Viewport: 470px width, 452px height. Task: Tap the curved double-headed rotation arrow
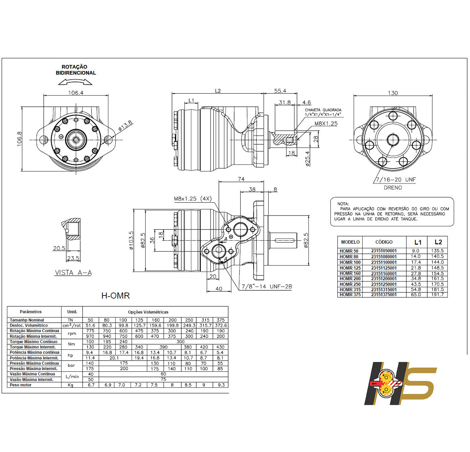[75, 82]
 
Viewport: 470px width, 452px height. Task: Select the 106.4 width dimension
[76, 93]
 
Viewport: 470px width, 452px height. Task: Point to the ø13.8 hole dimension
[125, 126]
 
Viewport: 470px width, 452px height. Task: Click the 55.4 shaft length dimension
[280, 91]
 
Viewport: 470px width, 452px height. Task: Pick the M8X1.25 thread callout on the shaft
[326, 123]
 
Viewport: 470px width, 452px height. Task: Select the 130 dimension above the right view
[393, 93]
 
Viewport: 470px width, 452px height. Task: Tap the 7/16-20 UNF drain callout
[396, 180]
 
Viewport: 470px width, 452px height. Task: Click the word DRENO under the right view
[393, 188]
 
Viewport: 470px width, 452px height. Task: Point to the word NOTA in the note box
[343, 204]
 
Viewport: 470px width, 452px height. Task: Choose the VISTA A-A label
[73, 273]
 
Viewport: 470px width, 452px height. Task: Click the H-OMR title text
[115, 296]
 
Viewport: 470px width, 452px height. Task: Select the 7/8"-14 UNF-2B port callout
[267, 286]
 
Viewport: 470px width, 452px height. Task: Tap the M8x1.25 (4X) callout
[192, 199]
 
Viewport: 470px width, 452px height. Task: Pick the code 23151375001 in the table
[384, 294]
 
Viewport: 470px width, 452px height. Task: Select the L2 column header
[438, 242]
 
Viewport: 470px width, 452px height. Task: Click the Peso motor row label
[20, 385]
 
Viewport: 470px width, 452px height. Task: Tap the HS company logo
[399, 383]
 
